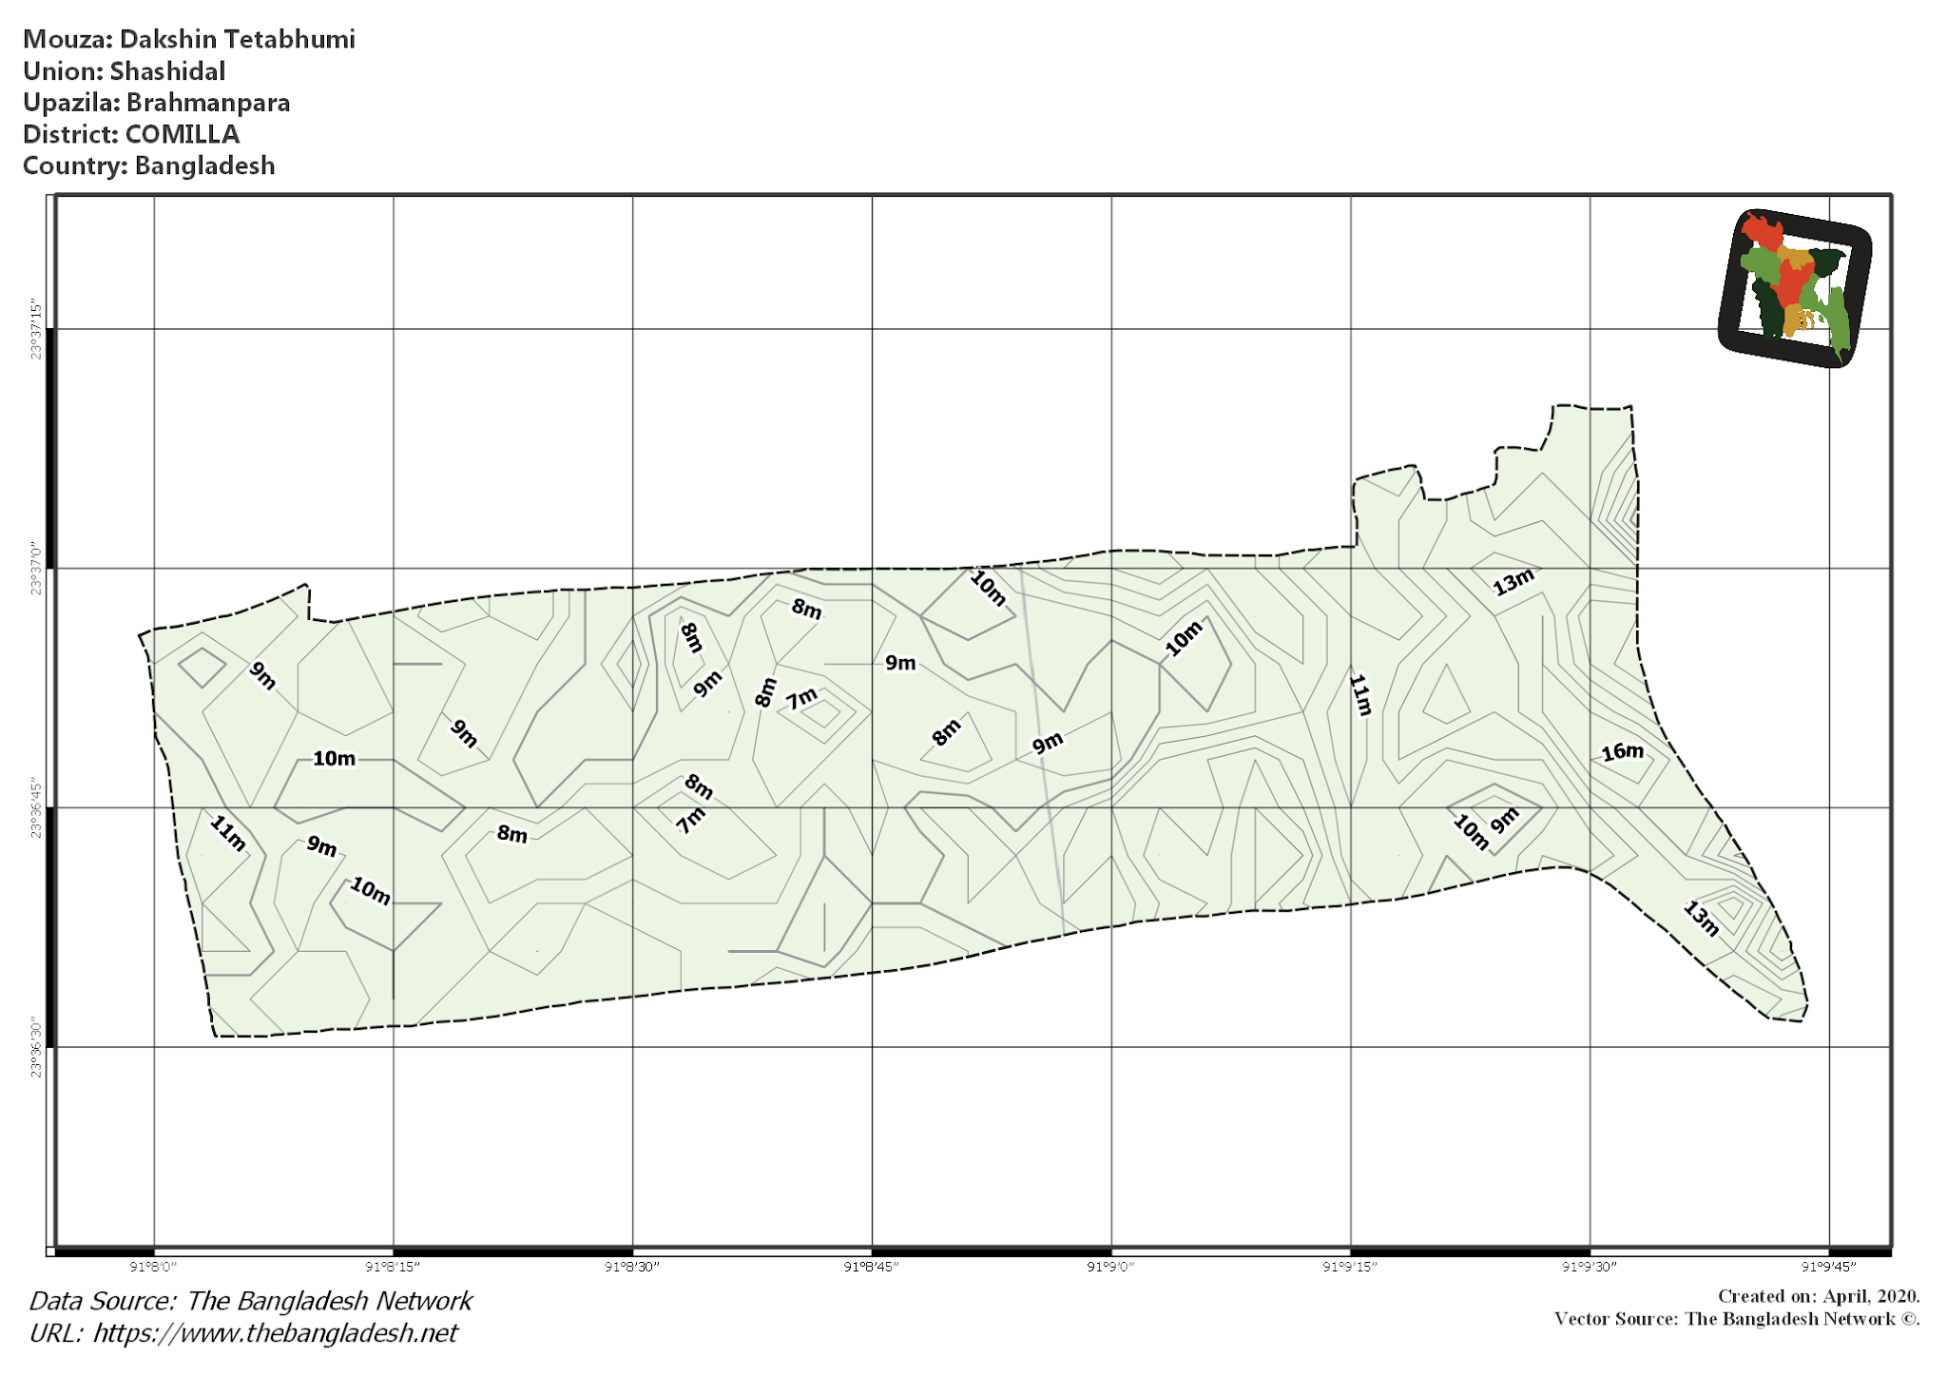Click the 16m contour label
pos(1622,752)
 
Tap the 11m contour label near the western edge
pos(228,833)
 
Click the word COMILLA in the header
pos(183,134)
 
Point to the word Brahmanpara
pos(208,103)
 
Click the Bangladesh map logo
pos(1794,288)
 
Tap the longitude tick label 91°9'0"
pos(1110,1267)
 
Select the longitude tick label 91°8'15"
pos(393,1267)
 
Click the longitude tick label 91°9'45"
pos(1828,1267)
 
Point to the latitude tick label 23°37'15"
pos(36,330)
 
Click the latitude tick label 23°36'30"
pos(36,1047)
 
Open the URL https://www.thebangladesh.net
pos(275,1333)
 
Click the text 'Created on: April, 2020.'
pos(1818,1296)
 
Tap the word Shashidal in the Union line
pos(167,71)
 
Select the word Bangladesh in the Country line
pos(204,165)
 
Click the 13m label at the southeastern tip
pos(1701,919)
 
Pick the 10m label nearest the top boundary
pos(988,588)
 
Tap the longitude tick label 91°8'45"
pos(871,1267)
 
